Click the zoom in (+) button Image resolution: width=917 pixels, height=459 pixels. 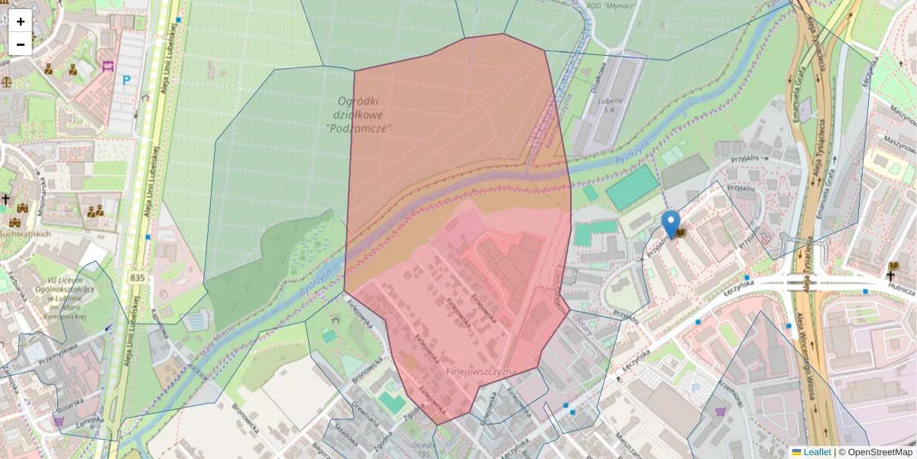pyautogui.click(x=21, y=21)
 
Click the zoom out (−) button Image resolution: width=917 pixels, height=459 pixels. pyautogui.click(x=21, y=44)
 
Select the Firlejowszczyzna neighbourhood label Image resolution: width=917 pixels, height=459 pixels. pyautogui.click(x=481, y=372)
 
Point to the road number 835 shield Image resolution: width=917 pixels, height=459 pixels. pyautogui.click(x=137, y=278)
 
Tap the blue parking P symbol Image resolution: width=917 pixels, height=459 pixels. pyautogui.click(x=127, y=79)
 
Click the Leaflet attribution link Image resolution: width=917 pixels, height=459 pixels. pyautogui.click(x=816, y=452)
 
